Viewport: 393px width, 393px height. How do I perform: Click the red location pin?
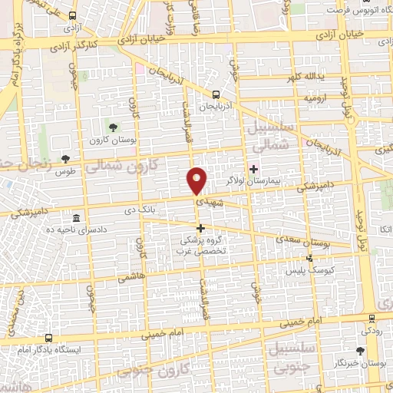pyautogui.click(x=197, y=180)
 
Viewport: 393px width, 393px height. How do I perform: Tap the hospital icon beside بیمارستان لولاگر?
pyautogui.click(x=254, y=168)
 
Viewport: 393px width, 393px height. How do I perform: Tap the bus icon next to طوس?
pyautogui.click(x=65, y=160)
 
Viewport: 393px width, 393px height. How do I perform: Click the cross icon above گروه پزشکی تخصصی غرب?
pyautogui.click(x=201, y=228)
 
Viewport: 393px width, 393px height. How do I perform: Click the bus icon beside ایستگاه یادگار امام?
pyautogui.click(x=50, y=338)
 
